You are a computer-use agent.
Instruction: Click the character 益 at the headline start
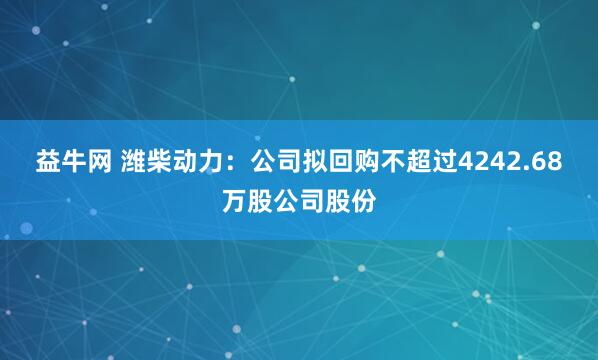click(49, 162)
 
